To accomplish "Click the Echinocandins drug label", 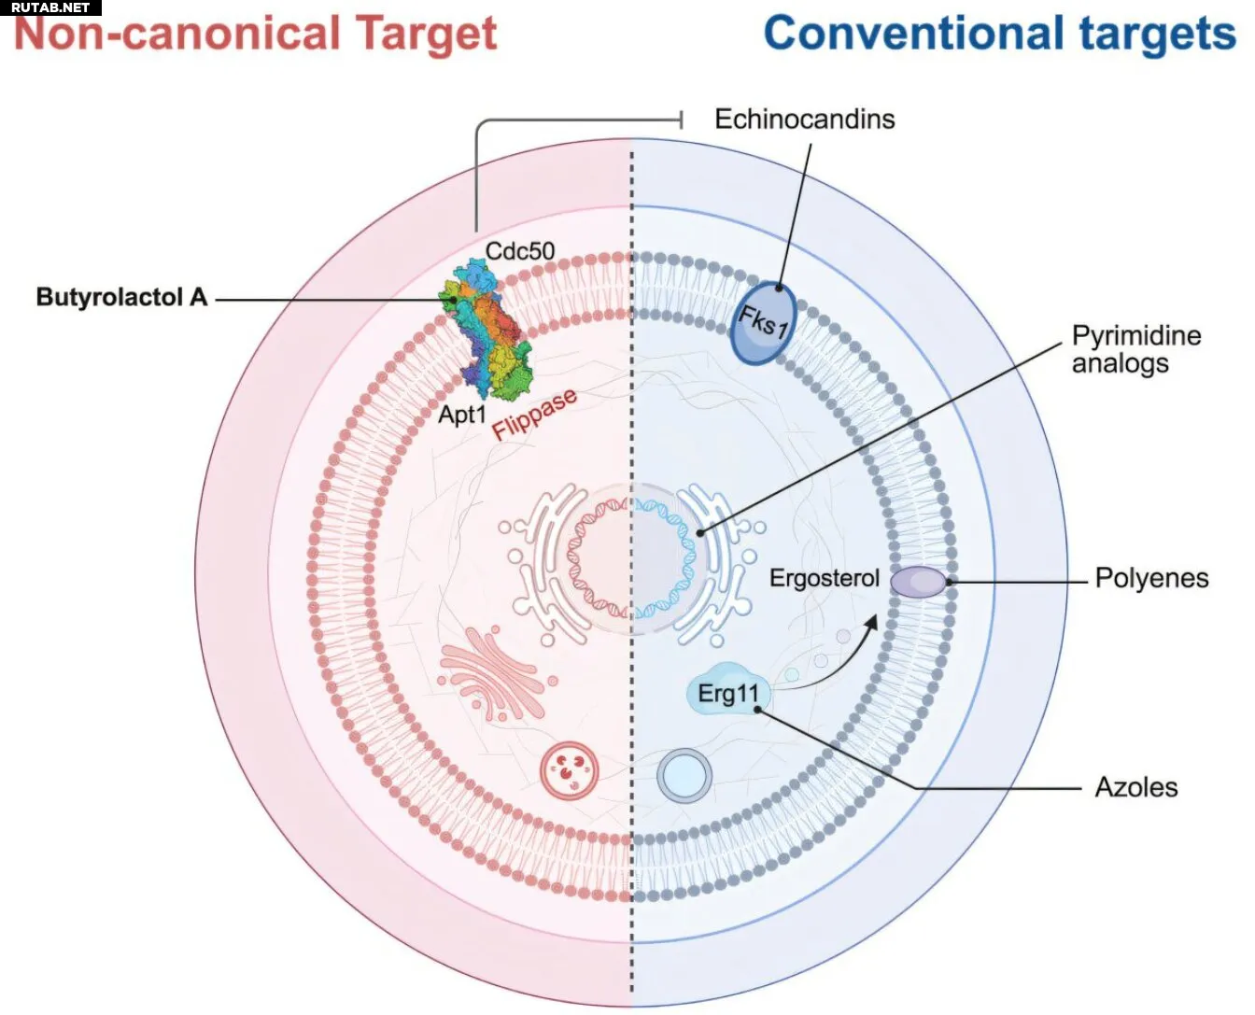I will [x=804, y=120].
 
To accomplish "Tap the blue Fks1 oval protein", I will [x=764, y=323].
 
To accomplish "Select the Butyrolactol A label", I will [x=121, y=298].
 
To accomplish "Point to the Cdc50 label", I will [x=520, y=250].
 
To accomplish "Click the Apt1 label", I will [x=462, y=414].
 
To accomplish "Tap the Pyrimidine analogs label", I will [x=1135, y=349].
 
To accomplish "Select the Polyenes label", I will [x=1151, y=579].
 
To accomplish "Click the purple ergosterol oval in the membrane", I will [x=917, y=582].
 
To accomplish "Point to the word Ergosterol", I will [x=824, y=579].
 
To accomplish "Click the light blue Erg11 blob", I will [x=729, y=693].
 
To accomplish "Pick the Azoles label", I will [x=1135, y=787].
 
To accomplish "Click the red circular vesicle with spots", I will [x=569, y=770].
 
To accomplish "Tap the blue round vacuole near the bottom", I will [x=684, y=776].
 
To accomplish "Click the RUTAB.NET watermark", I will [x=50, y=7].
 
